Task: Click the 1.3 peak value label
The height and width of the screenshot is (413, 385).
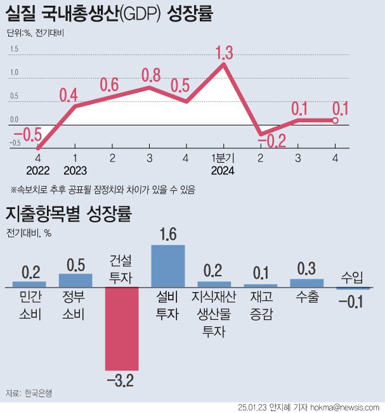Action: [x=223, y=53]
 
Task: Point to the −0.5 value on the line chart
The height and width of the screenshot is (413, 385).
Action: [x=28, y=134]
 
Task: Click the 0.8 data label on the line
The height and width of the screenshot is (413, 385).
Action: [x=150, y=75]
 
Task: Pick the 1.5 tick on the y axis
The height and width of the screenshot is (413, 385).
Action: [x=14, y=49]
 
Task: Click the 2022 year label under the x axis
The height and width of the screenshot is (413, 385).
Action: [x=39, y=170]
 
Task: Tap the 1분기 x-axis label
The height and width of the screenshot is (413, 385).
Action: [x=223, y=158]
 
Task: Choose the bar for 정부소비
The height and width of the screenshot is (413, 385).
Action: [x=75, y=280]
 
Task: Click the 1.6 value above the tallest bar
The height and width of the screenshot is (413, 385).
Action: [x=168, y=235]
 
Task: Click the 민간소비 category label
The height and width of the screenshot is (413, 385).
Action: [x=29, y=305]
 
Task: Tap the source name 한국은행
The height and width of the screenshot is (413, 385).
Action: [x=39, y=393]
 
